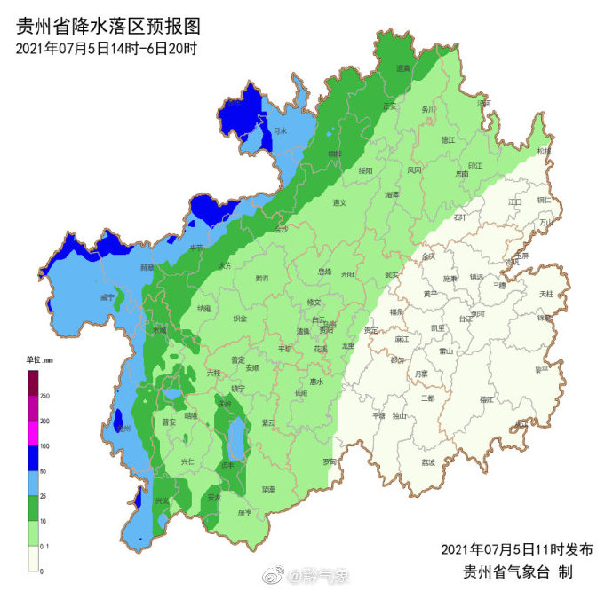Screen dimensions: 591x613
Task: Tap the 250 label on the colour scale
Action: (x=44, y=395)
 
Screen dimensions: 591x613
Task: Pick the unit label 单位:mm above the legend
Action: (x=39, y=359)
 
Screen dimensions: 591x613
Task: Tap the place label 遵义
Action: (x=338, y=202)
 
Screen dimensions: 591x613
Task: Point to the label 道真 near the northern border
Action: (x=403, y=68)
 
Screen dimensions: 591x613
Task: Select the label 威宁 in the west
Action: (x=107, y=297)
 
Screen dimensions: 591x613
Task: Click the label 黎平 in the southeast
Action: (x=541, y=368)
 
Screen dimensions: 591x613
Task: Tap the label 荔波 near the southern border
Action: (x=428, y=462)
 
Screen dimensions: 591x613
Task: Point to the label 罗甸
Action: (x=330, y=461)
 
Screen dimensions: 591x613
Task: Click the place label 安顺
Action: (x=252, y=366)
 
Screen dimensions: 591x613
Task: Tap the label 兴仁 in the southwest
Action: (x=187, y=461)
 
